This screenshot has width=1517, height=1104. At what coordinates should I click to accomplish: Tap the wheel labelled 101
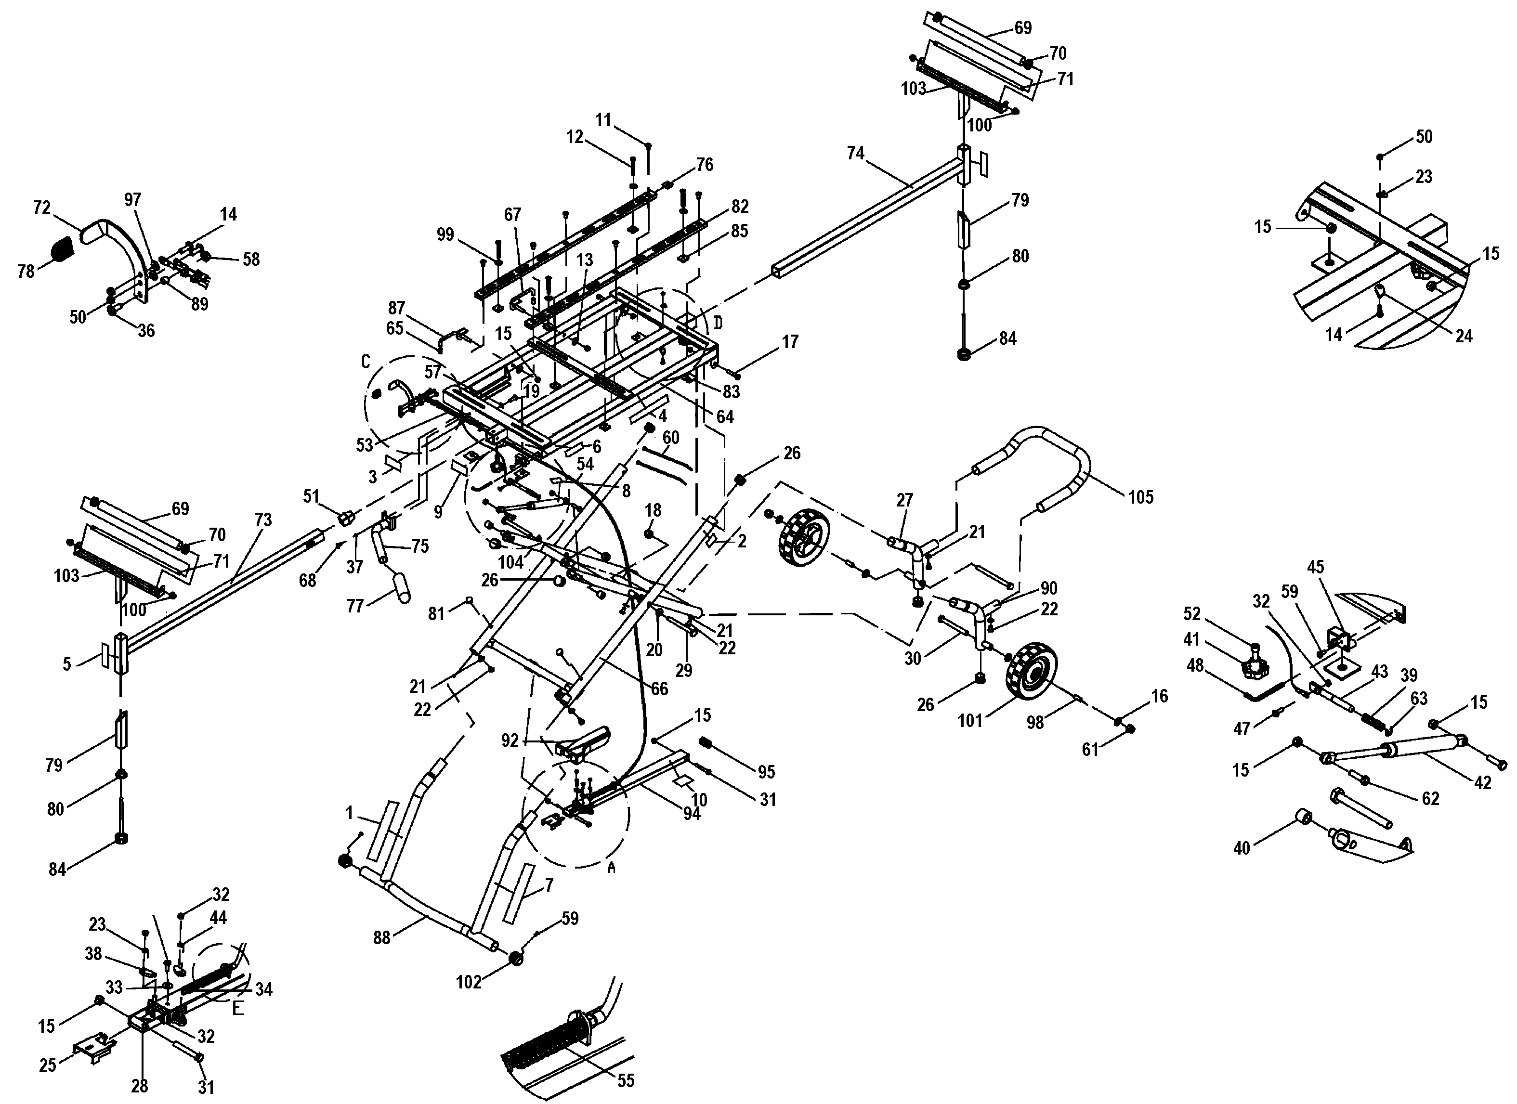pyautogui.click(x=1030, y=679)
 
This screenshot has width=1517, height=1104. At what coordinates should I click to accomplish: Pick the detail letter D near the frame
pyautogui.click(x=718, y=323)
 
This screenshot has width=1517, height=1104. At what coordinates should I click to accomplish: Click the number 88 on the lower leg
pyautogui.click(x=381, y=938)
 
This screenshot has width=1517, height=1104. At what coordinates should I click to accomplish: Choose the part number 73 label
pyautogui.click(x=263, y=520)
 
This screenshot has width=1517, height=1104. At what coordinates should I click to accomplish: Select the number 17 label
pyautogui.click(x=790, y=342)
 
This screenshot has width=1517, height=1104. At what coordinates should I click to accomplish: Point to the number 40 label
pyautogui.click(x=1242, y=848)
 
